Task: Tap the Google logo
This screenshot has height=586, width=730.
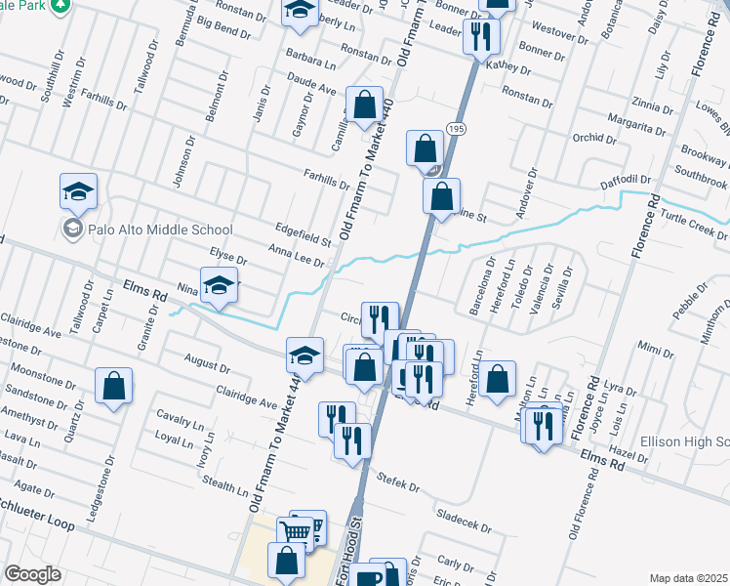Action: pos(33,574)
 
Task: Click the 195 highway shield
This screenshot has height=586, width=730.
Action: pos(456,129)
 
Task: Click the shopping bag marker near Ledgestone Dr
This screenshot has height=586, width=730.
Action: pos(114,386)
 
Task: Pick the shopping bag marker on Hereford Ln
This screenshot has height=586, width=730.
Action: pos(498,377)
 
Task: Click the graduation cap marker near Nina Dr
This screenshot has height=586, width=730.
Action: pos(220,285)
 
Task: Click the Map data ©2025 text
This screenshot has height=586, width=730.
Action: pos(687,578)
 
